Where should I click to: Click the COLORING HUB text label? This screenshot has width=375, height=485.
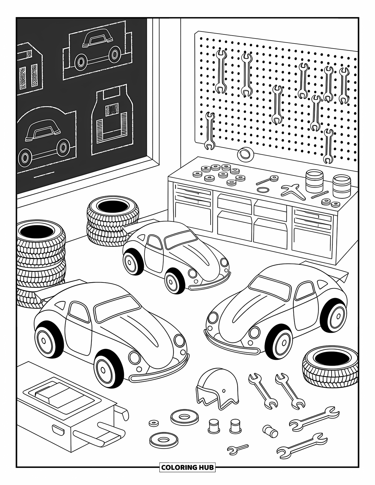pyautogui.click(x=187, y=467)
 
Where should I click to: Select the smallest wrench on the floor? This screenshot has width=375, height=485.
pyautogui.click(x=237, y=448)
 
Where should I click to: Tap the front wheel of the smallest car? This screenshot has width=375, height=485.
pyautogui.click(x=173, y=279)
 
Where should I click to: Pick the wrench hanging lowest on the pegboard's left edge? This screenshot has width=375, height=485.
pyautogui.click(x=210, y=131)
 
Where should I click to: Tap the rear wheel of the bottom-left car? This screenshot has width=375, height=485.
pyautogui.click(x=46, y=340)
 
